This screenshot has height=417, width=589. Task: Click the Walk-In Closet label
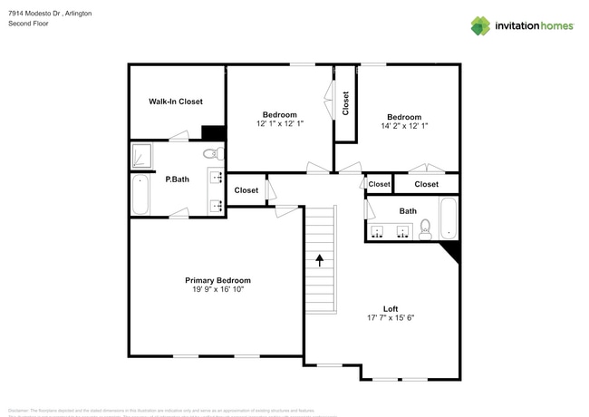176,102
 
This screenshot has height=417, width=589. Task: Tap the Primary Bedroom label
217,280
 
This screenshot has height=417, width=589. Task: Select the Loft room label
391,309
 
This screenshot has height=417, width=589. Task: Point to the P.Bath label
176,179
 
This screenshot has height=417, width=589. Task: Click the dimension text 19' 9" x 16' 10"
217,289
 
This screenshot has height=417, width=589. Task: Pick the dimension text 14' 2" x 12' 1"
404,125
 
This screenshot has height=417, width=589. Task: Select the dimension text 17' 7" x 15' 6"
391,318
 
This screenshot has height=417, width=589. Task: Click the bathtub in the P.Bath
140,195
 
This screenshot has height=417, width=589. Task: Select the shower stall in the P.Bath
141,156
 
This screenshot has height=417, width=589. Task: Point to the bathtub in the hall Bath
448,218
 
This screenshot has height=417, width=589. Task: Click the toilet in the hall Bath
425,232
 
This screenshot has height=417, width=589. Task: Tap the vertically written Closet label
345,102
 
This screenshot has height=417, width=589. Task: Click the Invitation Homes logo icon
480,25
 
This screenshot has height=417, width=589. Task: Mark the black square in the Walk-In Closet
212,132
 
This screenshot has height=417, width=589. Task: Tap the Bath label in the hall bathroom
408,211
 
